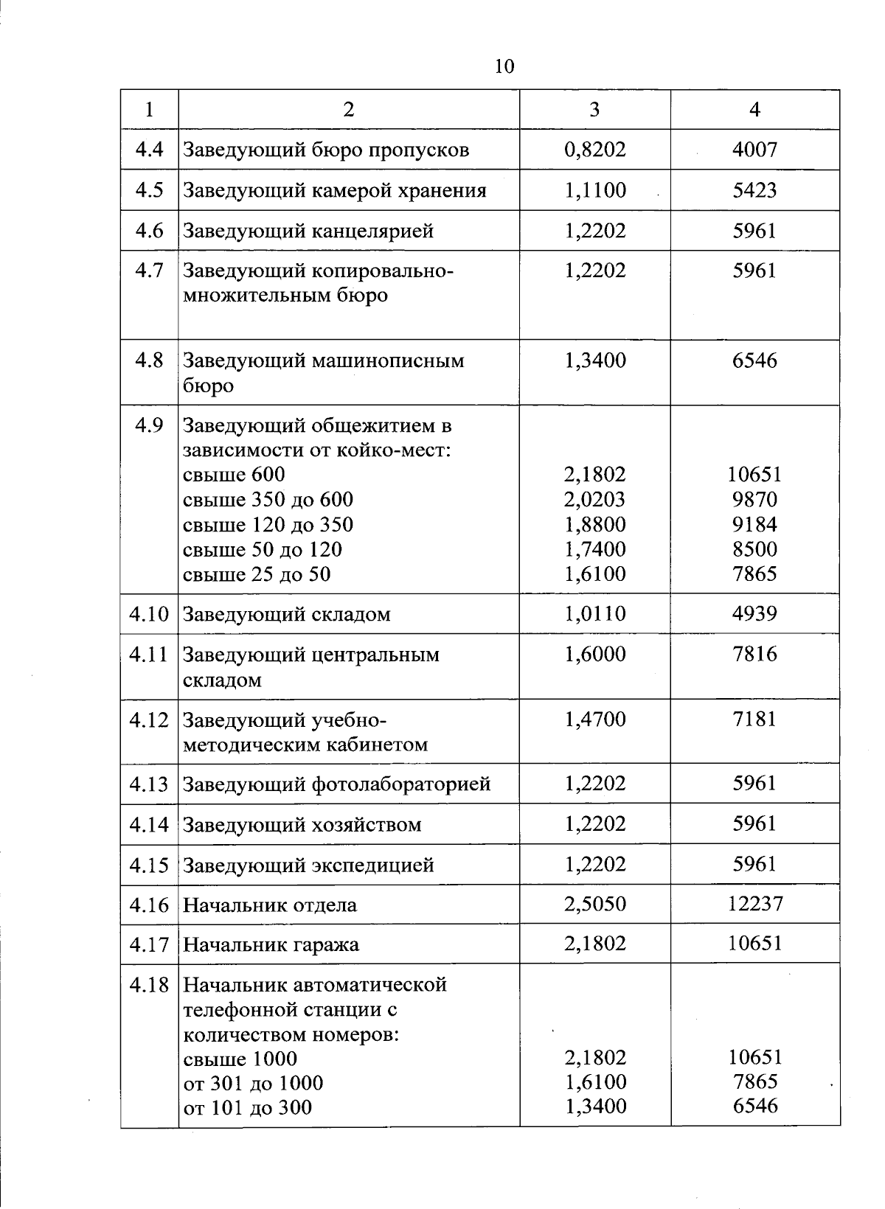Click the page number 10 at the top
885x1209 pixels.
[x=504, y=67]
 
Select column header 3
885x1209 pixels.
[x=594, y=110]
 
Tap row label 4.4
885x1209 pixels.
[x=150, y=150]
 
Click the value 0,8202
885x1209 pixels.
[x=594, y=150]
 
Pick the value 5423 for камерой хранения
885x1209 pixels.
[x=754, y=190]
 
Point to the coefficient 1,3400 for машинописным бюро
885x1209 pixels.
[x=594, y=360]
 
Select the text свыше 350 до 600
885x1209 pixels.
[x=268, y=500]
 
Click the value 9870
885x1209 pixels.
[x=754, y=500]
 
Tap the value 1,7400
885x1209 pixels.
[x=594, y=549]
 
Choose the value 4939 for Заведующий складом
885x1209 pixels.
[x=754, y=613]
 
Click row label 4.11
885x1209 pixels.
[x=149, y=654]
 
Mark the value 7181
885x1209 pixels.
[x=754, y=719]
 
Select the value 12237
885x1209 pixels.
[x=754, y=904]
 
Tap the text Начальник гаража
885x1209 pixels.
[x=271, y=944]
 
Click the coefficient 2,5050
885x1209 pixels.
[x=594, y=904]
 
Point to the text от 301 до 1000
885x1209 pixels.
[x=252, y=1083]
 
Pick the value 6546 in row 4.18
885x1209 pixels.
[x=754, y=1106]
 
